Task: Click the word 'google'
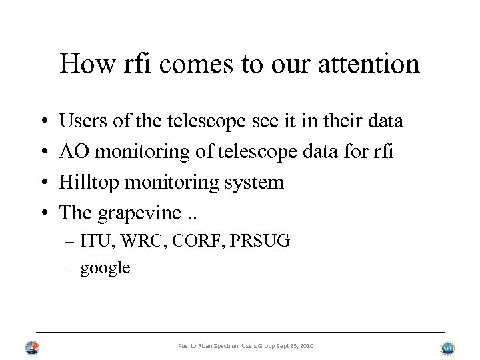pyautogui.click(x=105, y=269)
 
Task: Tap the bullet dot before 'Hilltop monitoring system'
pyautogui.click(x=42, y=182)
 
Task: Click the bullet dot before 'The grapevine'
pyautogui.click(x=42, y=213)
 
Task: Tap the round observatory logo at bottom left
pyautogui.click(x=32, y=347)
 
